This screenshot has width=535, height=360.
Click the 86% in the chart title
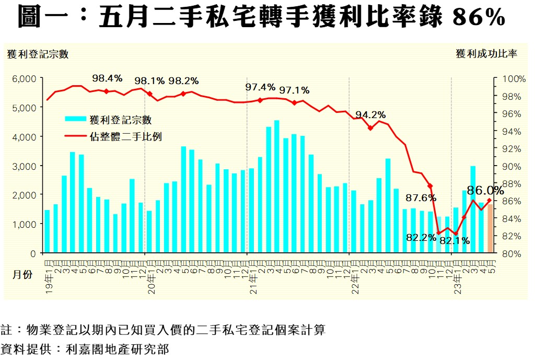[x=478, y=18]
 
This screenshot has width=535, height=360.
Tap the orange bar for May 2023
[x=490, y=230]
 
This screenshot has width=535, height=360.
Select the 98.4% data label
[x=107, y=78]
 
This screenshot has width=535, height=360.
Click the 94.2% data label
[x=370, y=115]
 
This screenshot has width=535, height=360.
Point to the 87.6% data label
[x=421, y=198]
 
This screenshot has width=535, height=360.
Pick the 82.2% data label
[x=421, y=237]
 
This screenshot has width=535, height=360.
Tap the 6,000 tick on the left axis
[x=24, y=78]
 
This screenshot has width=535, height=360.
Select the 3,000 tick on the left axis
[x=24, y=166]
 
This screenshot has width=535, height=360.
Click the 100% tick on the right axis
[x=514, y=79]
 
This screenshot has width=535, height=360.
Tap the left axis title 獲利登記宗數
[x=38, y=54]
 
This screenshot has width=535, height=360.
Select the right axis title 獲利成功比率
[x=486, y=54]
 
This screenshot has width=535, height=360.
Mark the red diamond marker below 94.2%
[x=370, y=128]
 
